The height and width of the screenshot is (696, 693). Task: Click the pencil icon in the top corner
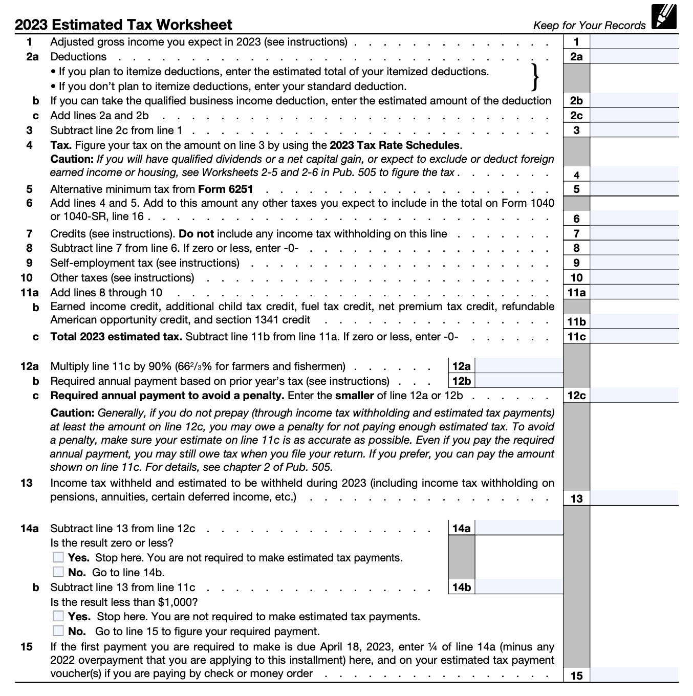pos(664,18)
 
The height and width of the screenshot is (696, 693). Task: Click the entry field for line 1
pos(634,42)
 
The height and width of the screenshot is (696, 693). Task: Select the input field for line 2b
pos(634,101)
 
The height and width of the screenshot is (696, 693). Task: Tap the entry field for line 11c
pos(634,337)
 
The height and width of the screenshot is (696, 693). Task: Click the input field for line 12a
pos(518,366)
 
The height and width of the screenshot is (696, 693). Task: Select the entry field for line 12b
pos(518,381)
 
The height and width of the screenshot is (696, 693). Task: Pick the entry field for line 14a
pos(518,528)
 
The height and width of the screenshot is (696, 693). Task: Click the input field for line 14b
pos(518,588)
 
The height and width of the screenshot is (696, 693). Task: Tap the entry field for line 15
pos(634,675)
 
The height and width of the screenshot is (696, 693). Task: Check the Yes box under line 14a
pos(59,557)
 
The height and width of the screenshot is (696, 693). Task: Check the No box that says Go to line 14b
pos(59,572)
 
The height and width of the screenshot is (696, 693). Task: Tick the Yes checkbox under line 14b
pos(59,616)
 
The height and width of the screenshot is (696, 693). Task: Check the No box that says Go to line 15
pos(59,631)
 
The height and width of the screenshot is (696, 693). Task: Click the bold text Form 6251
pos(226,189)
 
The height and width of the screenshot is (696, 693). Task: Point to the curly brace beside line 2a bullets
pos(535,77)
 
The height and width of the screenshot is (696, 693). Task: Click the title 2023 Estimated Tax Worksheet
pos(123,25)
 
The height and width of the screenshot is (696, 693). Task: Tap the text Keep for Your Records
pos(589,26)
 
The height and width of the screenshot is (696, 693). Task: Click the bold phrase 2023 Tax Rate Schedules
pos(395,145)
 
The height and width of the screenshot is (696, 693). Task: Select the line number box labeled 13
pos(576,498)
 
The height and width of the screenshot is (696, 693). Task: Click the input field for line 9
pos(634,263)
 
